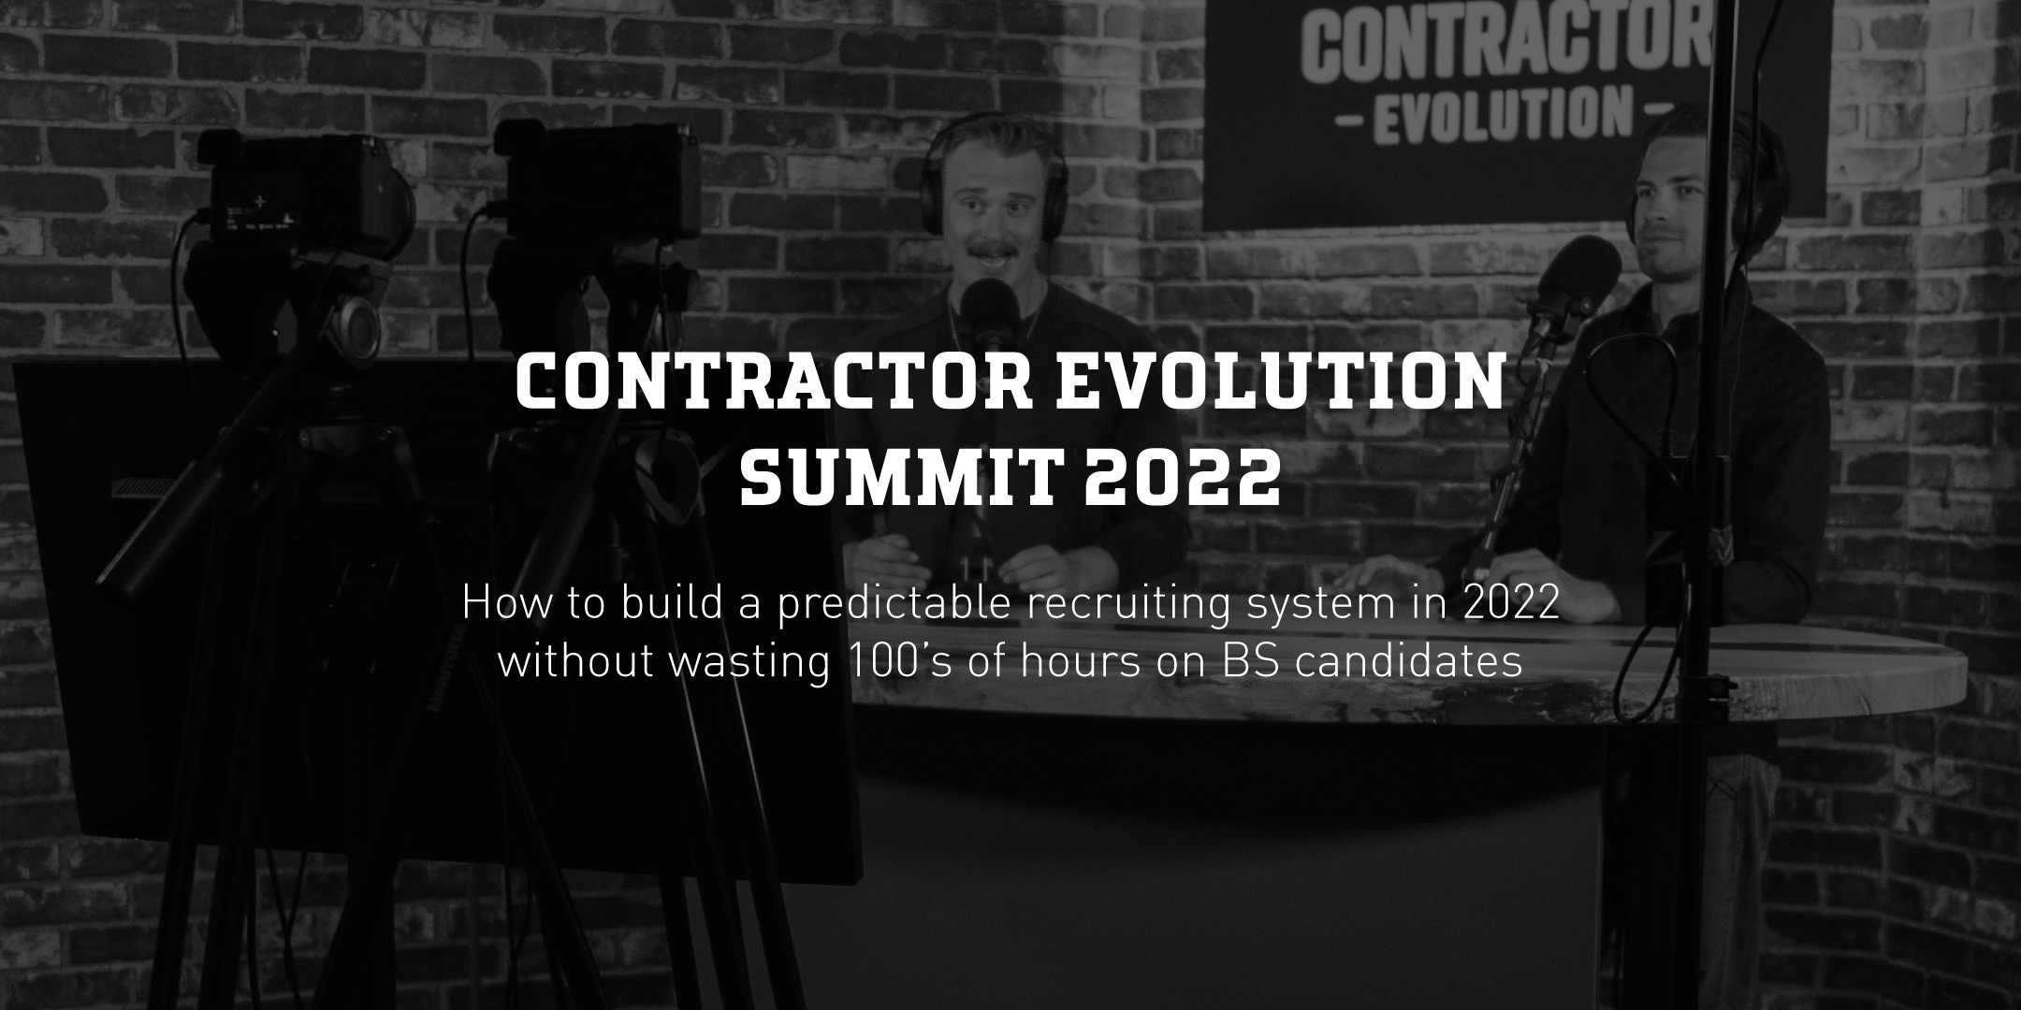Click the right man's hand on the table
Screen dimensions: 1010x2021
[x=1520, y=570]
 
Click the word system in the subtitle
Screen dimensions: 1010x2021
[x=1319, y=604]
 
